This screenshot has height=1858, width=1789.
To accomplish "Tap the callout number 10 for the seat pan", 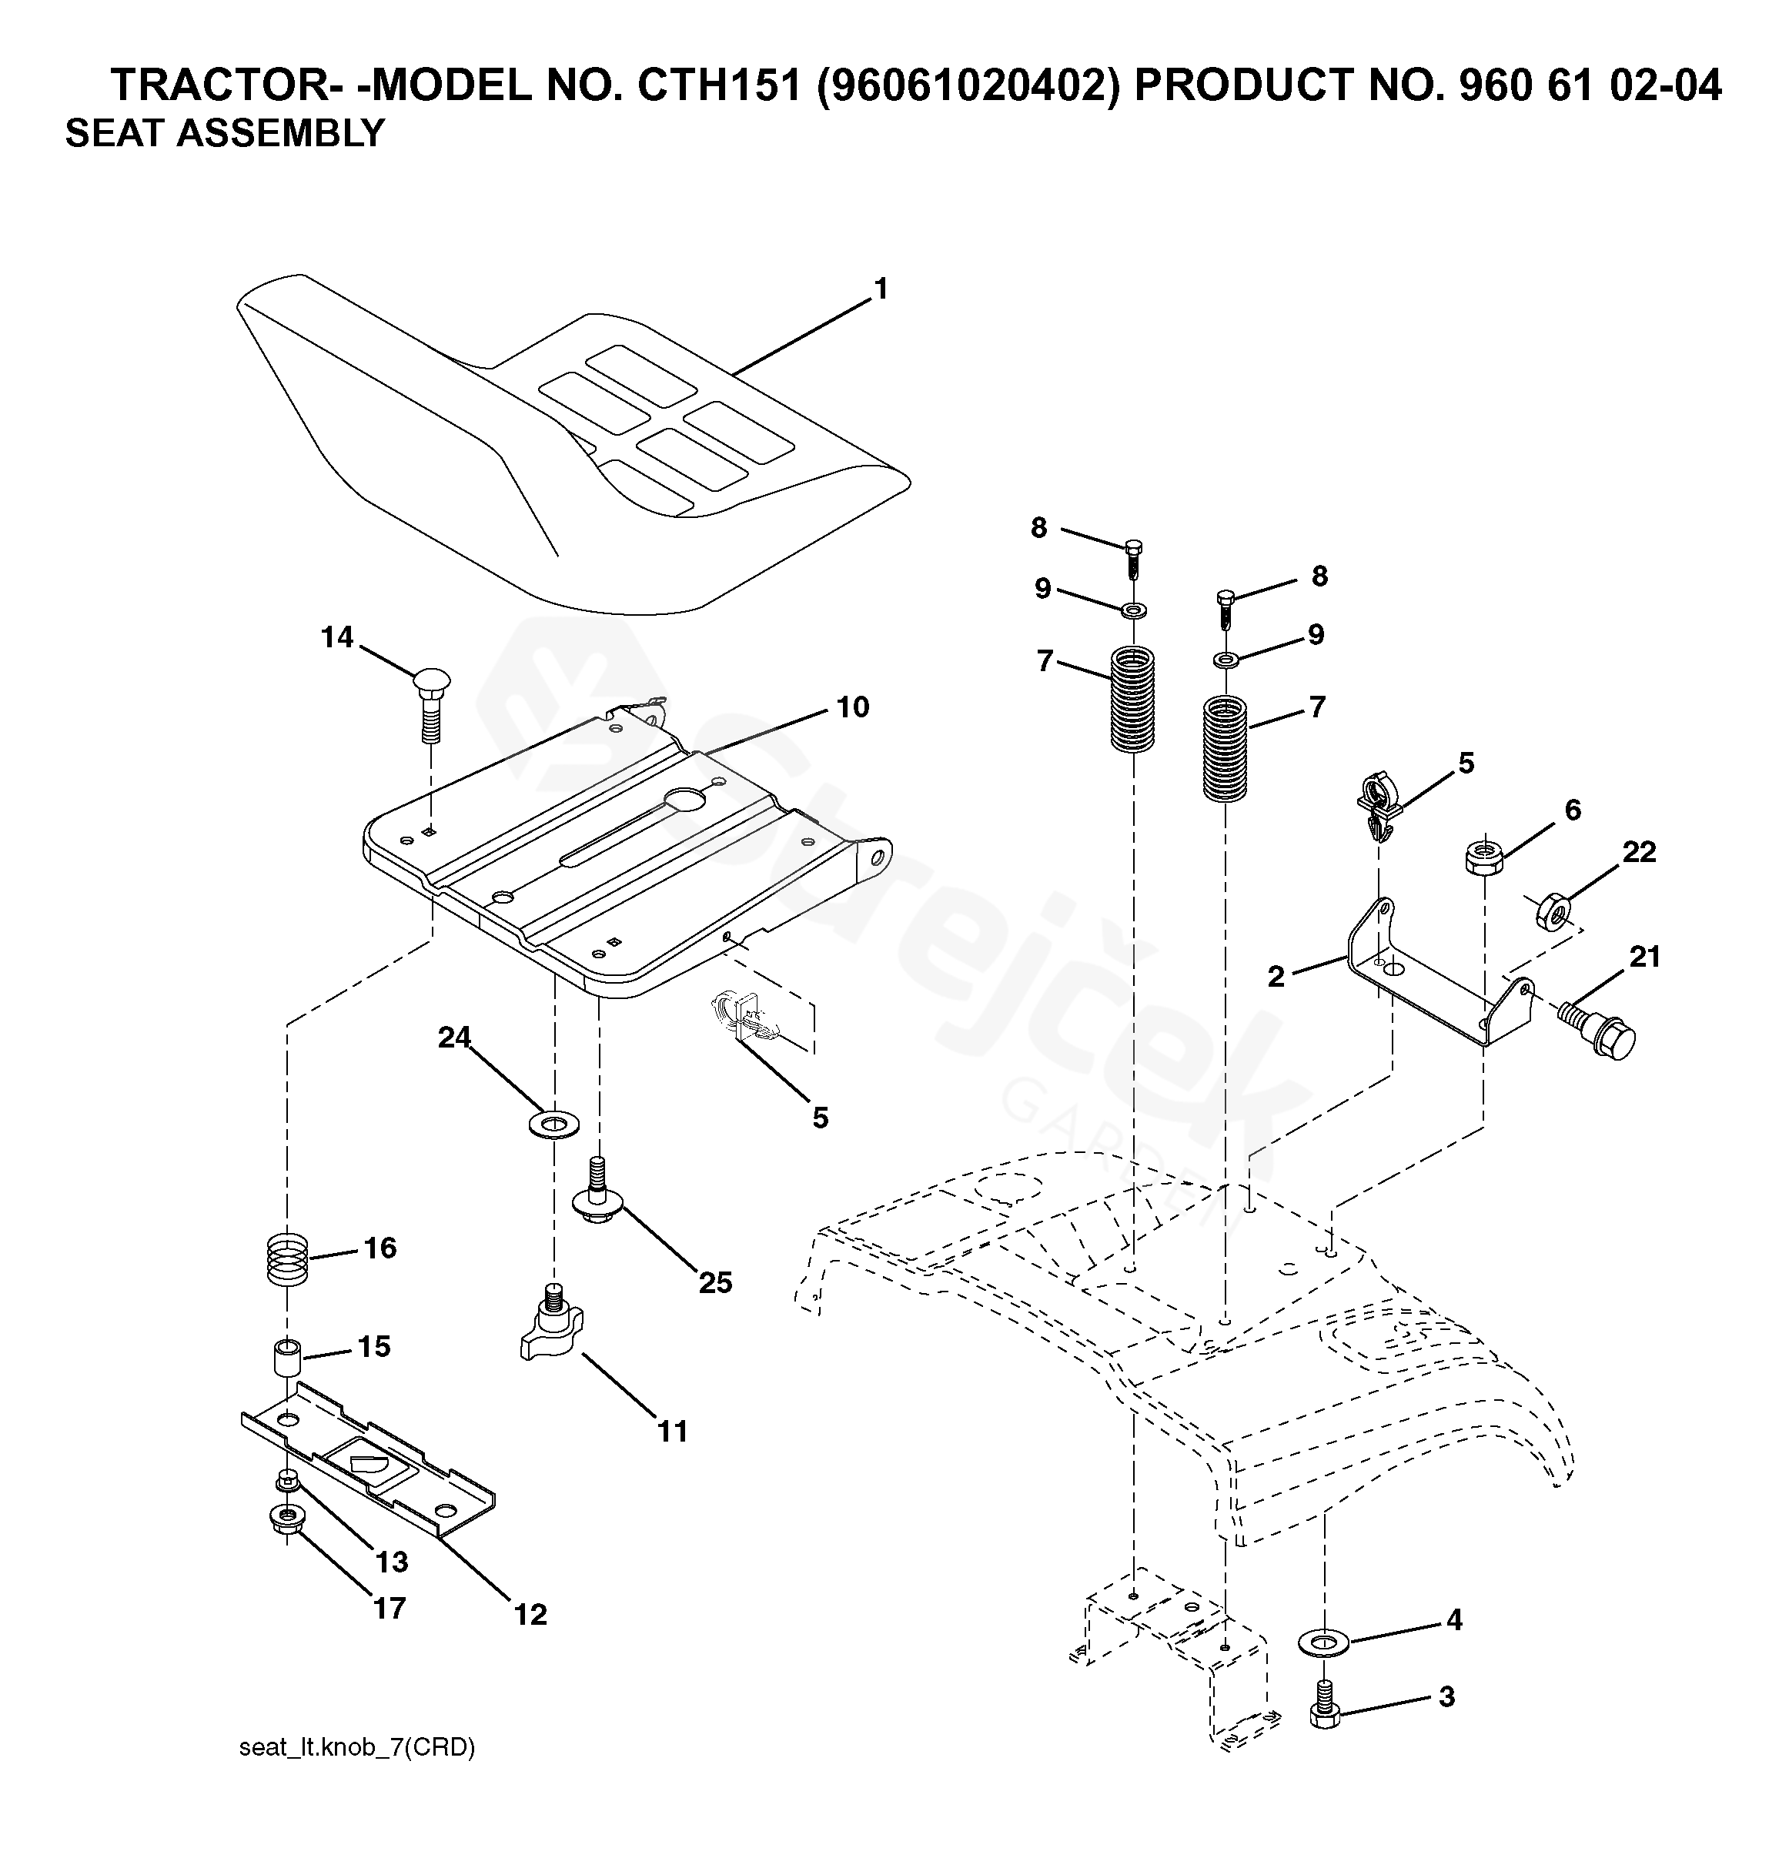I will click(x=852, y=707).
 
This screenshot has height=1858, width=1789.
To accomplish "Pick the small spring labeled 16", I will click(x=286, y=1258).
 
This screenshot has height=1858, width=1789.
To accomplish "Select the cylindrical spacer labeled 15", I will click(x=286, y=1358).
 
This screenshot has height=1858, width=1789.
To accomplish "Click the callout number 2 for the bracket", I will click(x=1276, y=977).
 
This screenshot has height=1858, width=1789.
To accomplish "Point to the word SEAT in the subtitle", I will click(x=113, y=134).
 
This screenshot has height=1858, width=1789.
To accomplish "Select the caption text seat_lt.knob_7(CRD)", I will click(x=356, y=1747).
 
